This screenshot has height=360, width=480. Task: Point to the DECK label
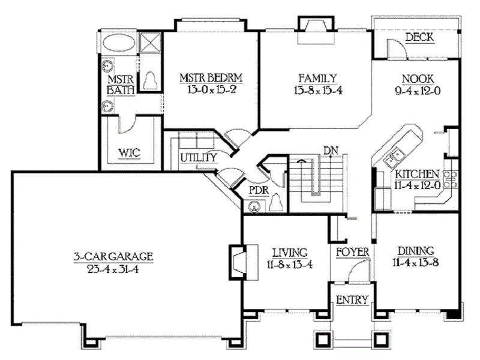coord(419,38)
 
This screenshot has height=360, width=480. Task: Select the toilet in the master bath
coord(149,80)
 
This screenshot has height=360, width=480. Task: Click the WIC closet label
coord(129,152)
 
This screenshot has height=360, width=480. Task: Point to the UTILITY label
coord(197,157)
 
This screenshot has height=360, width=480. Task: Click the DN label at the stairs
coord(329,149)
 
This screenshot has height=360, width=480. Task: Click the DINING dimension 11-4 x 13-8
coord(419,263)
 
